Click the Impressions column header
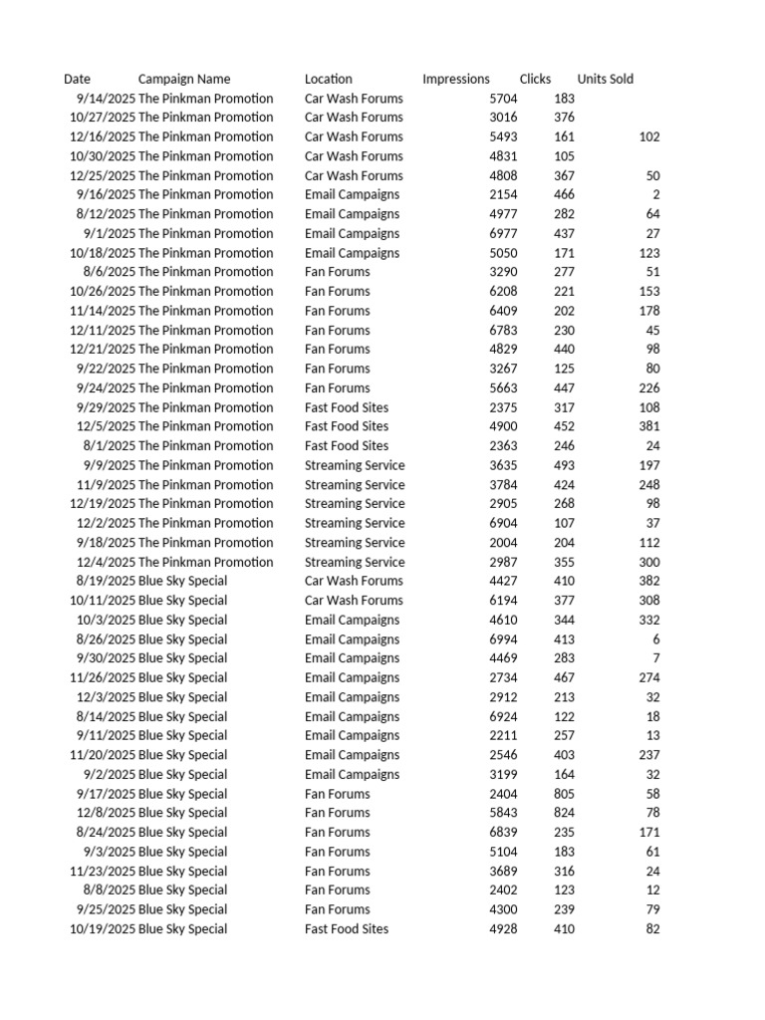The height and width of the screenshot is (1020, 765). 455,79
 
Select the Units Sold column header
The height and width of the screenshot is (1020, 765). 605,79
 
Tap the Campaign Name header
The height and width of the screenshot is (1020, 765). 183,79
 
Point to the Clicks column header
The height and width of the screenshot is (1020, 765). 535,79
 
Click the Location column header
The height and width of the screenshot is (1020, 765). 328,79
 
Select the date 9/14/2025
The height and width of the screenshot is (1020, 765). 105,99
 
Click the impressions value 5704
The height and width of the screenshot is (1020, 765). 503,99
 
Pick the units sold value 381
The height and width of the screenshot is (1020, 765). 648,426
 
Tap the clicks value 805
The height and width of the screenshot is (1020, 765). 564,794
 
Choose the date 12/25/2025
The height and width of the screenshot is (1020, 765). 102,175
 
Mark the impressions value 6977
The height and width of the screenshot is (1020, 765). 503,233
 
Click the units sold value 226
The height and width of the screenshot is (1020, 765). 648,387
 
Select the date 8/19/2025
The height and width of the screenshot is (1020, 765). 105,581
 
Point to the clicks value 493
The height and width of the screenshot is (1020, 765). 564,465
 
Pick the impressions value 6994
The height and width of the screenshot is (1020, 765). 503,639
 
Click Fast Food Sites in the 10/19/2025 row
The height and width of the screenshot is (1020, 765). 347,929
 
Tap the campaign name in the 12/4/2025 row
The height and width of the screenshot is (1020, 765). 205,562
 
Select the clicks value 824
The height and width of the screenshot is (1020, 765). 564,813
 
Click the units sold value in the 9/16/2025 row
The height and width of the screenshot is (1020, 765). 655,194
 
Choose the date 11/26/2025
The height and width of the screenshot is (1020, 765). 102,677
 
